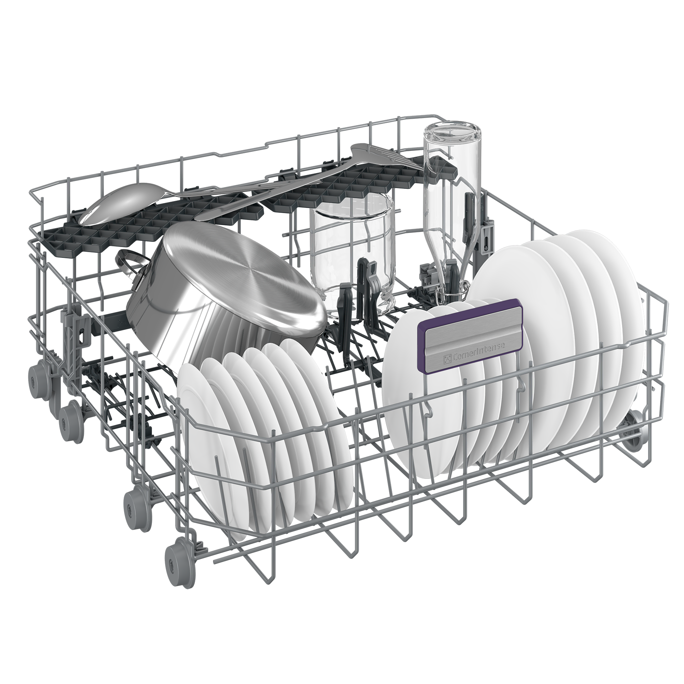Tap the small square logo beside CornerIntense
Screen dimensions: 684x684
click(446, 361)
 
